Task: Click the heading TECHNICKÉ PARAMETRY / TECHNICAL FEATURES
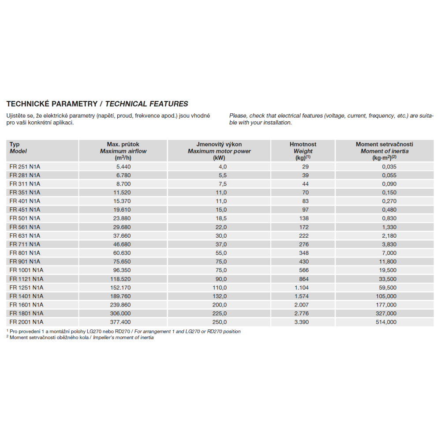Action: click(x=97, y=104)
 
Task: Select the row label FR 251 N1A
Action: click(x=25, y=167)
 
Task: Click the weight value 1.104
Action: click(x=302, y=288)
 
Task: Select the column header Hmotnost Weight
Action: click(x=303, y=151)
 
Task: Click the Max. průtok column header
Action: click(x=123, y=151)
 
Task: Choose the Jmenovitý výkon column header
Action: click(x=219, y=151)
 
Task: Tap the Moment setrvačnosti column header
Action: click(x=385, y=151)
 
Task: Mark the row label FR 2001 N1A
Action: click(x=26, y=322)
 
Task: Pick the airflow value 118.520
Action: click(x=120, y=279)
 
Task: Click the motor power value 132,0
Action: click(x=219, y=296)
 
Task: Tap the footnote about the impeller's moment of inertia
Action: click(x=82, y=338)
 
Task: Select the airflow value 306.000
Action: click(x=120, y=313)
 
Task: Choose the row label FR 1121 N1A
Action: click(x=26, y=279)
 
